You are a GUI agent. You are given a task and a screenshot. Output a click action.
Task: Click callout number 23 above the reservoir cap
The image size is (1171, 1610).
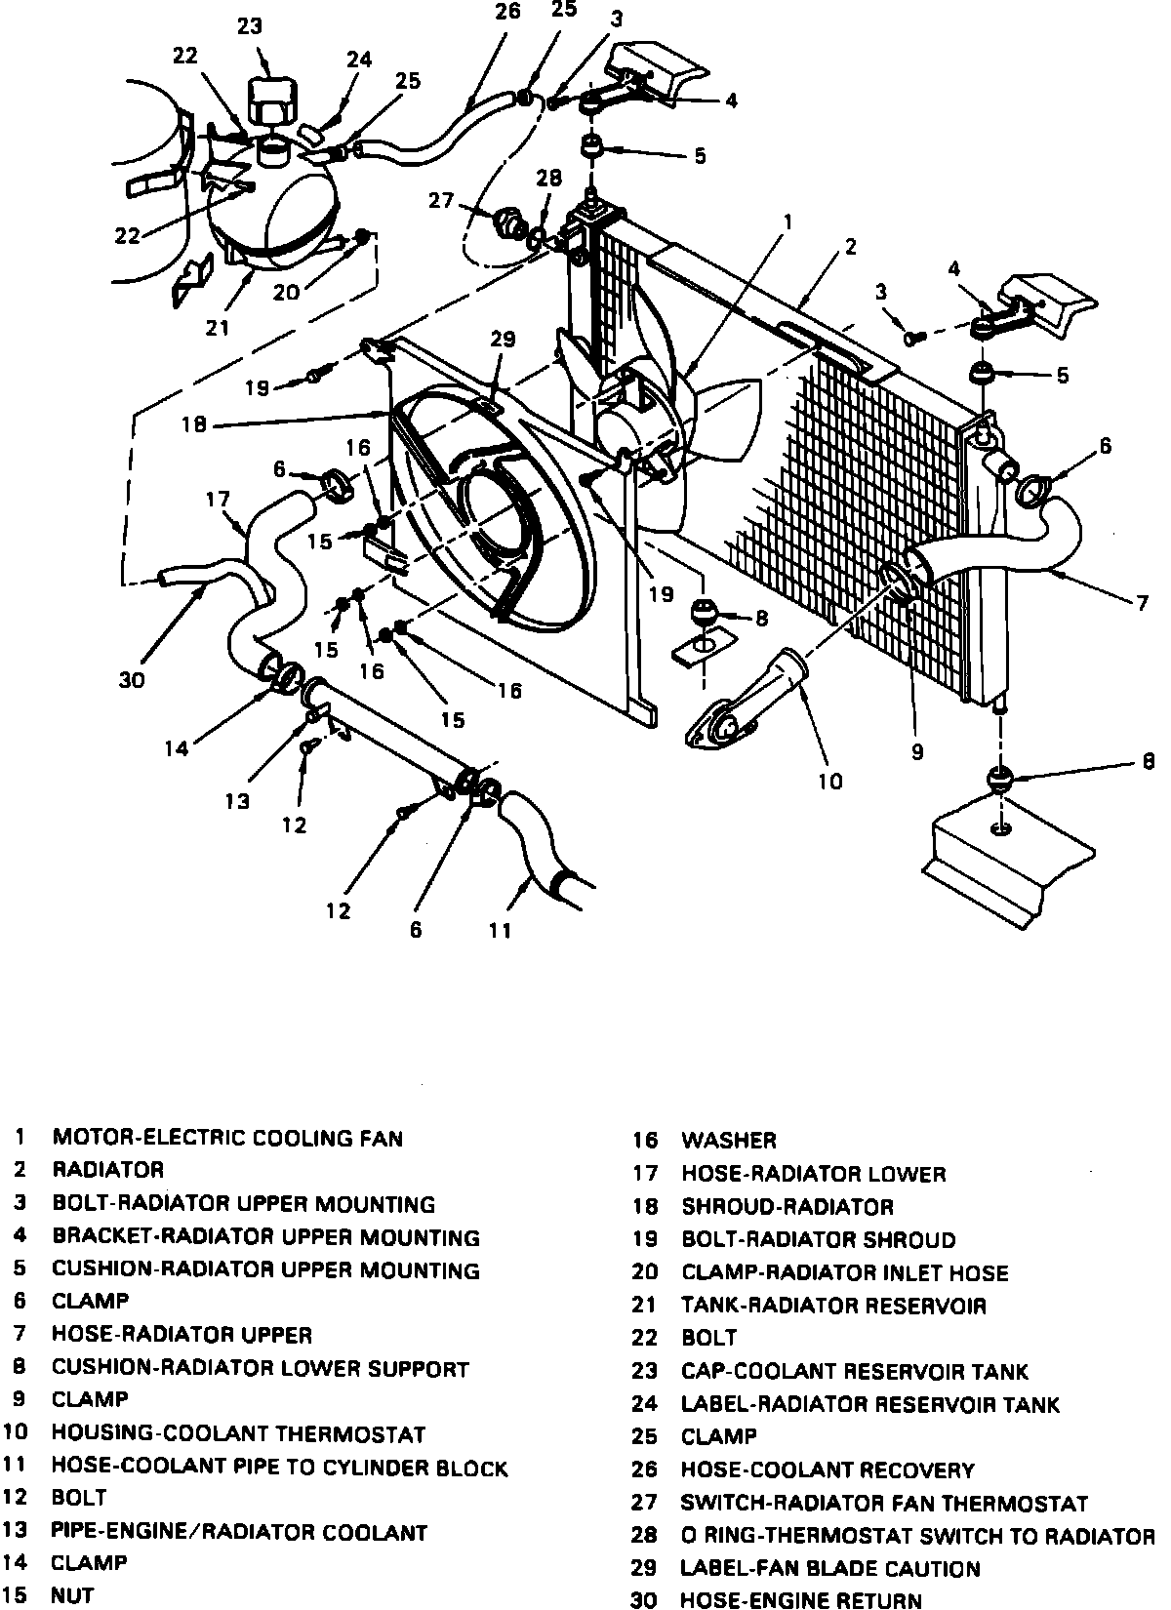tap(250, 25)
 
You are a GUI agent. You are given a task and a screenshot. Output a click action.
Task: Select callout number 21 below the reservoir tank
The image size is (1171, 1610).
tap(217, 328)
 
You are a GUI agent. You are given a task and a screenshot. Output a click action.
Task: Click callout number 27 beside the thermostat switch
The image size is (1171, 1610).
tap(441, 200)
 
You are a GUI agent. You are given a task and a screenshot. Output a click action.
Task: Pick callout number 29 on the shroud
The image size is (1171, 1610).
tap(502, 340)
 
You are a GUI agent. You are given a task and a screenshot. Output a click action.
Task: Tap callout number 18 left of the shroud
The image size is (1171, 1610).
tap(195, 424)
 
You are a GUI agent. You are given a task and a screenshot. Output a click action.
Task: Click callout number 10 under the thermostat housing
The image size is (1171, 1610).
tap(829, 781)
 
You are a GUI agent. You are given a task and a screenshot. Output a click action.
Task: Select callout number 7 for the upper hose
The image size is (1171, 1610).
tap(1142, 602)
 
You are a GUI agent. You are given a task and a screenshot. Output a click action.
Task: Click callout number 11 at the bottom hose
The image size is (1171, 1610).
tap(500, 930)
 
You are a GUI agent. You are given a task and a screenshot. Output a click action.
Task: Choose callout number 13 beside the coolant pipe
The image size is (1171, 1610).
tap(236, 801)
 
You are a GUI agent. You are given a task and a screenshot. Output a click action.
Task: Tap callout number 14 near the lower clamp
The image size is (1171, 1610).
tap(177, 748)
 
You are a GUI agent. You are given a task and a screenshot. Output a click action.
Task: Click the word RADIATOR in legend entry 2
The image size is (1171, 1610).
tap(107, 1169)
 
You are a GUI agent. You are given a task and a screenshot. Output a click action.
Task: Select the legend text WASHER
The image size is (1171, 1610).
tap(728, 1140)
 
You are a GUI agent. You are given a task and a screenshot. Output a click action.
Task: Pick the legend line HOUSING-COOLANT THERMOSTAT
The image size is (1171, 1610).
tap(238, 1433)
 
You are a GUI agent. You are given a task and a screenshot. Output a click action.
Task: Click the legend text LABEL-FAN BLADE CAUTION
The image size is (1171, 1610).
tap(829, 1568)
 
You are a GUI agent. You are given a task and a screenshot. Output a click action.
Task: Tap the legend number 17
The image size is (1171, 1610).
tap(645, 1174)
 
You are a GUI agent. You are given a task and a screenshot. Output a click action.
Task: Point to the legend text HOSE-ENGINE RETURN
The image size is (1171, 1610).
tap(800, 1599)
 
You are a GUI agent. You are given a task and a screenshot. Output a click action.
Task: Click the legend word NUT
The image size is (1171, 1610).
tap(72, 1595)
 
